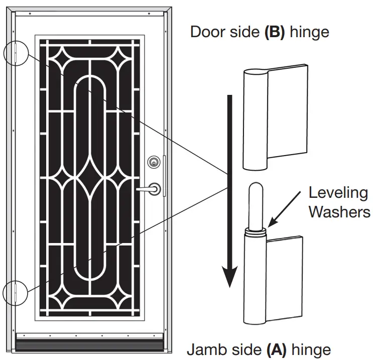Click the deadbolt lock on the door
click(153, 162)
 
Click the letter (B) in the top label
click(269, 32)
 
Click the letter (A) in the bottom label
click(276, 349)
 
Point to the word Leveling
click(338, 193)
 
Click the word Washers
click(339, 211)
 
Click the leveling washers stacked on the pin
click(256, 231)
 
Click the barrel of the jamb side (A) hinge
click(256, 281)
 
